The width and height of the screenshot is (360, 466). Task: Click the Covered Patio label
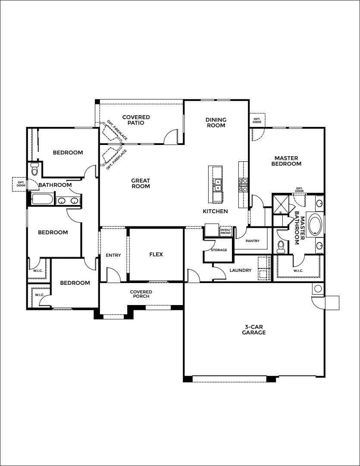click(136, 120)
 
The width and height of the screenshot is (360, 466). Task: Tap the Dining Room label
click(216, 123)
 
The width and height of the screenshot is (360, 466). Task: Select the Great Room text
click(141, 183)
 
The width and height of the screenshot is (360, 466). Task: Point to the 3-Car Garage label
click(254, 330)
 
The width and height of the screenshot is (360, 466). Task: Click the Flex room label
click(156, 255)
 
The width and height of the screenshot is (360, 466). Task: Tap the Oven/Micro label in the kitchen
click(225, 231)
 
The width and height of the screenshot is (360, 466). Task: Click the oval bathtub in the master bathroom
click(316, 224)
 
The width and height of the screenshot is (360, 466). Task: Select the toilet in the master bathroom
click(281, 246)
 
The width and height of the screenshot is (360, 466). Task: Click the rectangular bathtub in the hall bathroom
click(43, 199)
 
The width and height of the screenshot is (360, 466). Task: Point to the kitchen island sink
click(218, 185)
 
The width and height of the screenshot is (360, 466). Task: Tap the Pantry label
click(253, 241)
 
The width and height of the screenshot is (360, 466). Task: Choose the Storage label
click(219, 250)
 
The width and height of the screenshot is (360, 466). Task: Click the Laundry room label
click(241, 271)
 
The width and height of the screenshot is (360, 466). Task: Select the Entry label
click(113, 255)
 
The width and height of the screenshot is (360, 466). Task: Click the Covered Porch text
click(141, 294)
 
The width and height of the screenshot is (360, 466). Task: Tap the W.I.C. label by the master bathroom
click(298, 271)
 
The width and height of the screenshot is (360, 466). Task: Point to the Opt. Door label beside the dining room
click(257, 120)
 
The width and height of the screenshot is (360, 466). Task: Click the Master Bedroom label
click(286, 161)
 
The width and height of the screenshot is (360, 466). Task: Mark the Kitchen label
click(215, 211)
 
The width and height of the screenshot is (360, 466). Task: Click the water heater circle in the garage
click(318, 288)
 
